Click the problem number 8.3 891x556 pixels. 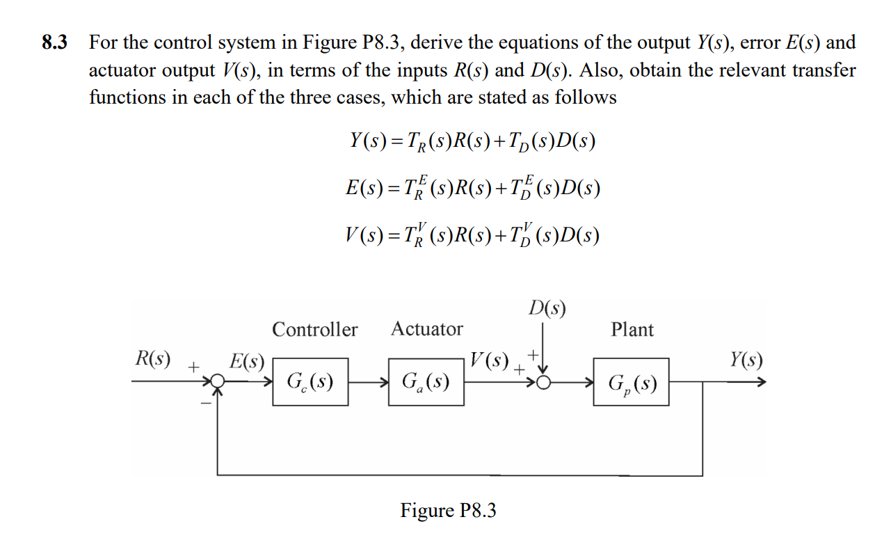[x=55, y=43]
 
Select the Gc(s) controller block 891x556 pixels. [x=310, y=382]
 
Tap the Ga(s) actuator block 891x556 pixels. [x=426, y=382]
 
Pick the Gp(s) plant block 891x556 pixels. [x=631, y=382]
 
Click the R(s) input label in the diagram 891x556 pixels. [x=152, y=360]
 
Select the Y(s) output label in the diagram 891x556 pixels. [x=746, y=360]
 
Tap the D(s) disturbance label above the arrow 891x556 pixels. [x=547, y=307]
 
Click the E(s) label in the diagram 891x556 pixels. [x=247, y=361]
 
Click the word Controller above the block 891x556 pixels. [x=314, y=329]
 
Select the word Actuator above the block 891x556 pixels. [x=426, y=328]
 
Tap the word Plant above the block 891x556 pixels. [x=632, y=329]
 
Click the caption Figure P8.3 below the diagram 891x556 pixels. [x=448, y=511]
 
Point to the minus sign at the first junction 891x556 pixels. [x=205, y=403]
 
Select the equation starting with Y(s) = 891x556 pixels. [x=473, y=142]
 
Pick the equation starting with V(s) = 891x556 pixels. [x=473, y=235]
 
